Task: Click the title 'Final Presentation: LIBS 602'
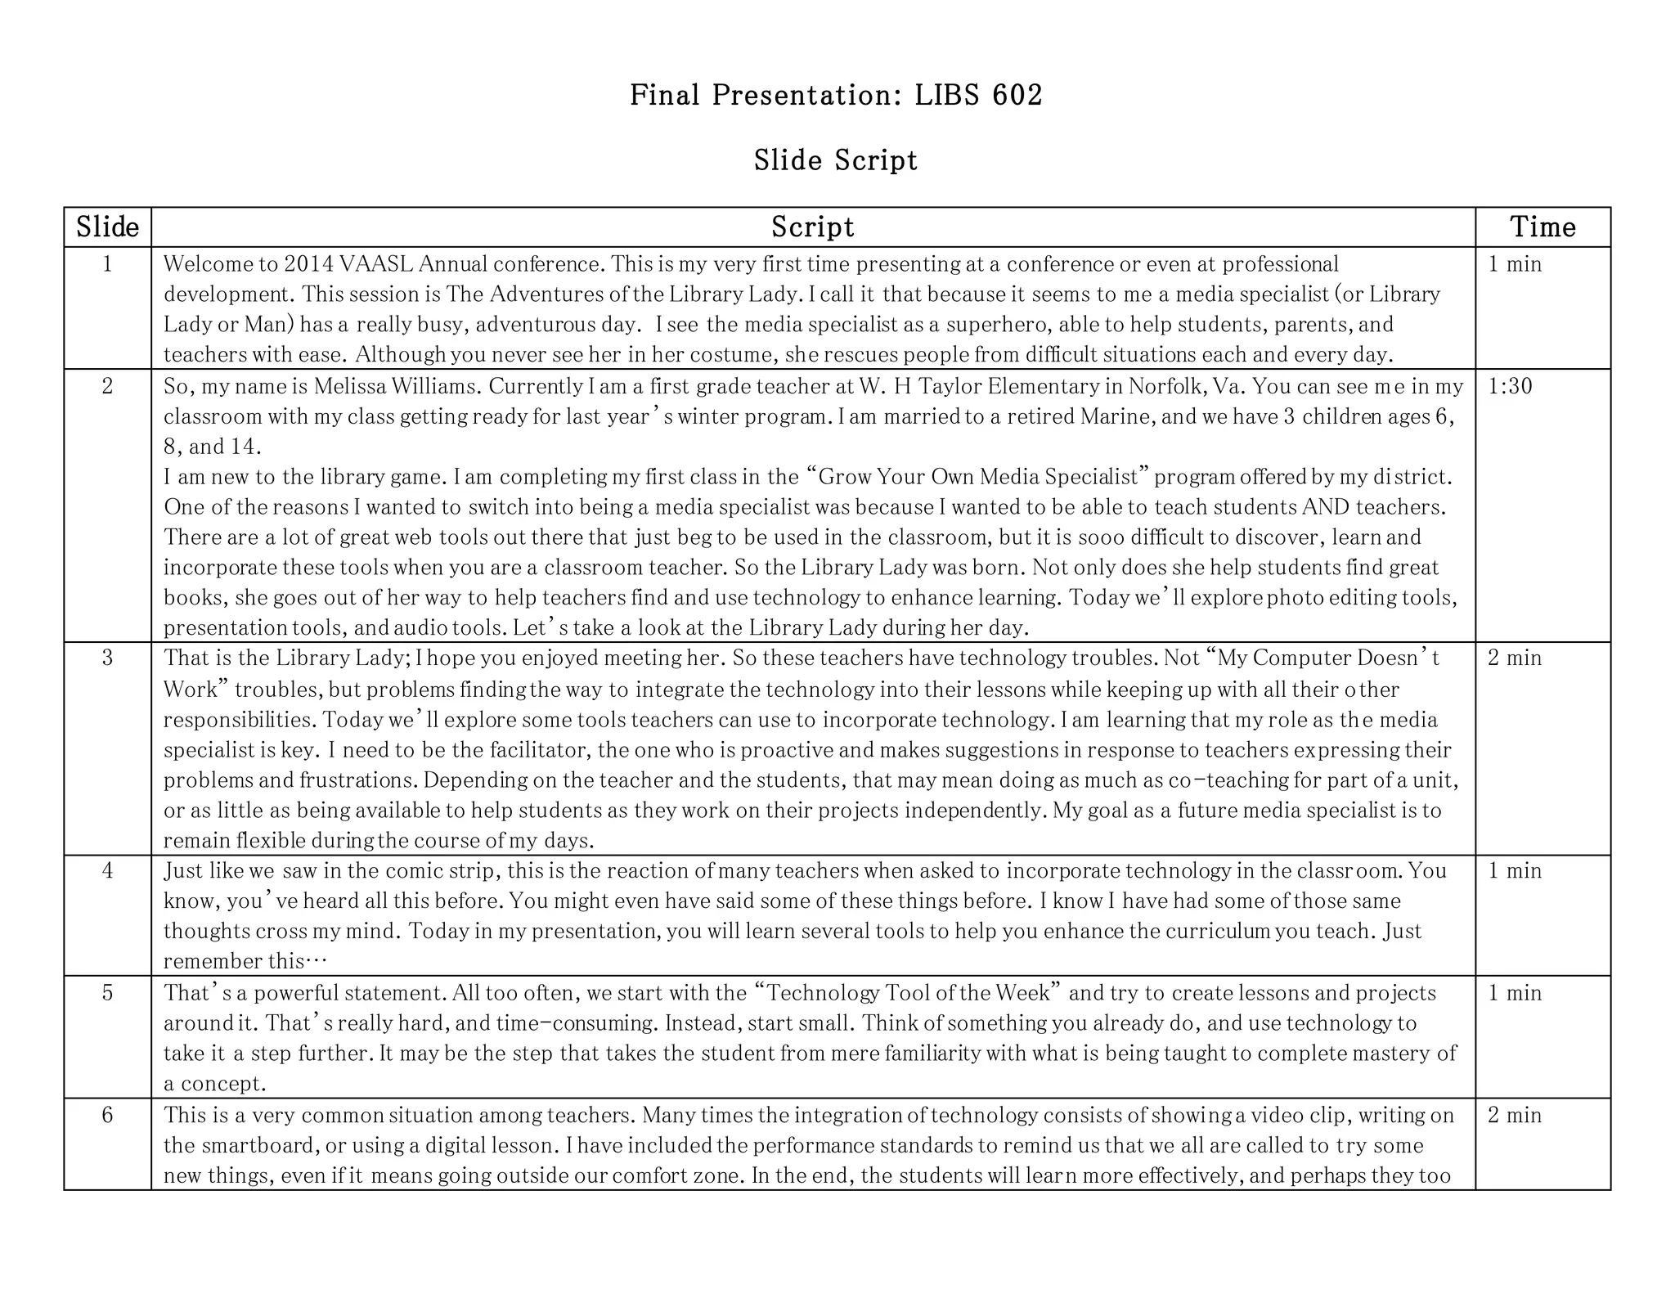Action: (836, 96)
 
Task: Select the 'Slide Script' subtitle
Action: (836, 160)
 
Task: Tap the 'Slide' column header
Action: (107, 227)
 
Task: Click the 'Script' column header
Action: (812, 227)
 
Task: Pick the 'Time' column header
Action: (1543, 227)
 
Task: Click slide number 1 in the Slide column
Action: (107, 264)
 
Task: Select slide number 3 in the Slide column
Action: (107, 658)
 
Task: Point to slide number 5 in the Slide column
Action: (107, 993)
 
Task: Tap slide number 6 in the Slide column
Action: (107, 1115)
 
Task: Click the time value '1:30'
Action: (1510, 386)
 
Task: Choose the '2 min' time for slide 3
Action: (1515, 658)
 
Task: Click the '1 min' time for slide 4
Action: (1515, 871)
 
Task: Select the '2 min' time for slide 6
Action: (1515, 1115)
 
